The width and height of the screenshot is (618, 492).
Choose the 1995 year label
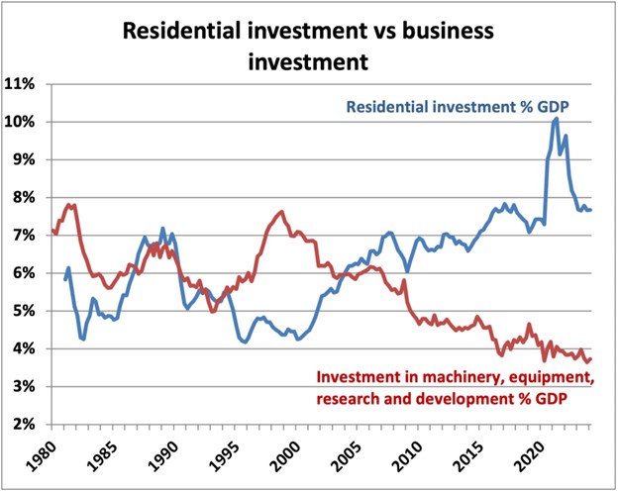225,457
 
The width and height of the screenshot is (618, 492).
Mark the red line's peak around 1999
281,211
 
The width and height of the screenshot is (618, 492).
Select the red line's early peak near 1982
70,205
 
